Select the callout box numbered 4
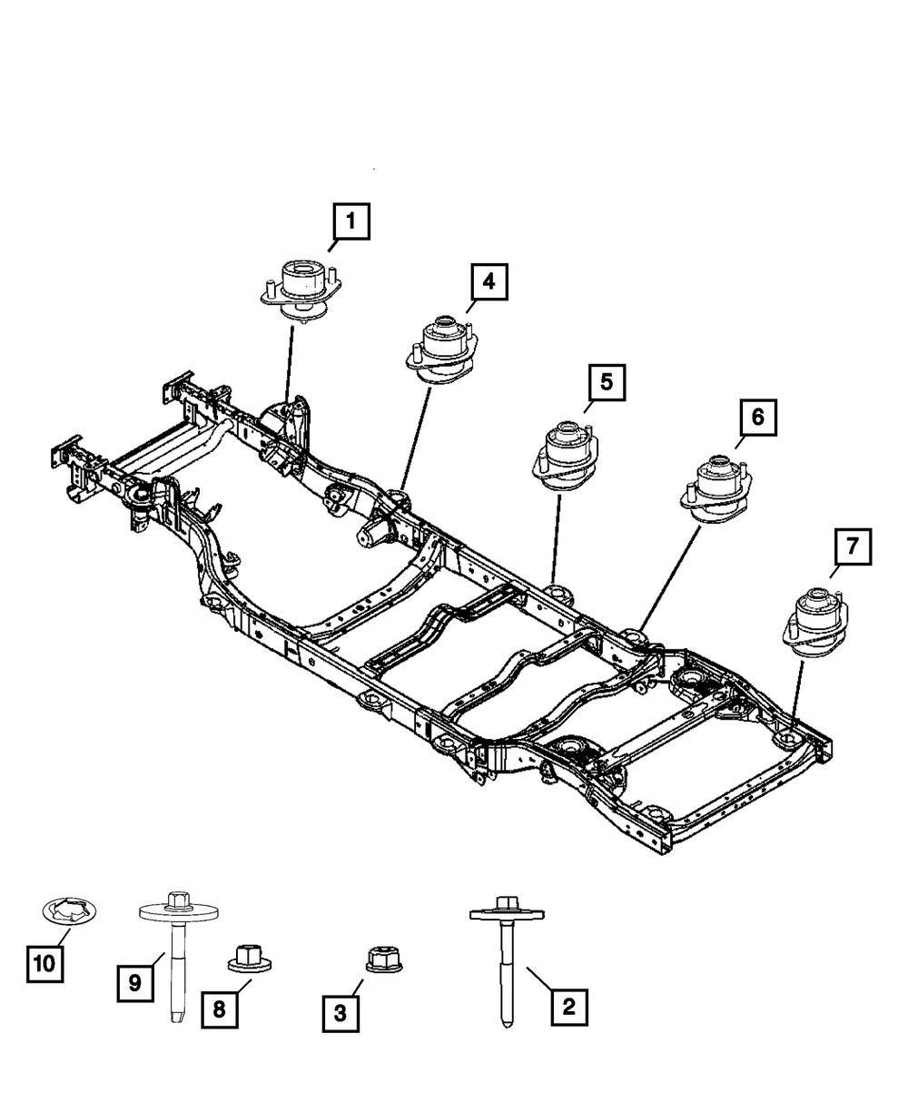pyautogui.click(x=489, y=282)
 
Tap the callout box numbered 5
pyautogui.click(x=606, y=382)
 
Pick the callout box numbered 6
pyautogui.click(x=757, y=418)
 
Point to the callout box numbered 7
pyautogui.click(x=853, y=546)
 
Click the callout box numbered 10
pyautogui.click(x=44, y=964)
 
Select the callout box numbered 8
pyautogui.click(x=220, y=1009)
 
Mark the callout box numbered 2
pyautogui.click(x=568, y=1006)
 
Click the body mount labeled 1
pyautogui.click(x=300, y=290)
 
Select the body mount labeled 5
pyautogui.click(x=567, y=457)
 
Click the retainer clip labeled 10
pyautogui.click(x=71, y=910)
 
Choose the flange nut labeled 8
pyautogui.click(x=248, y=958)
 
